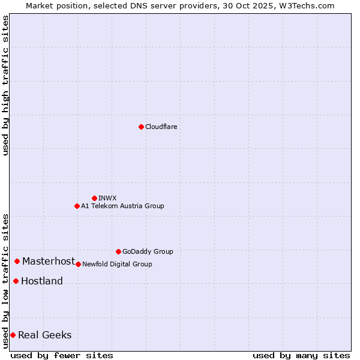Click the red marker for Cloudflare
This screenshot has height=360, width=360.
coord(141,127)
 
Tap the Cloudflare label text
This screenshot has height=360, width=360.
coord(161,127)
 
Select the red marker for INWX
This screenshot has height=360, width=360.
coord(94,198)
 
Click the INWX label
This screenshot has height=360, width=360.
coord(108,198)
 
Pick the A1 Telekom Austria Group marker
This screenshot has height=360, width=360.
coord(77,206)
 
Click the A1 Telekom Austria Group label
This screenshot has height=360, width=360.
coord(122,206)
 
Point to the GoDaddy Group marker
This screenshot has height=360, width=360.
coord(118,251)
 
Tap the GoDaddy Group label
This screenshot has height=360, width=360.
coord(148,251)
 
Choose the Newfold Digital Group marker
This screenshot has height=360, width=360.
coord(78,264)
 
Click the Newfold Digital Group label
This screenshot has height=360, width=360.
coord(117,264)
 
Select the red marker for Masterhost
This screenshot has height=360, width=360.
coord(17,261)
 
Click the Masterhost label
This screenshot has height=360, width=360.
coord(49,261)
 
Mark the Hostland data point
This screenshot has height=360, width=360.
coord(16,281)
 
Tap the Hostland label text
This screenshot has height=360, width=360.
coord(42,281)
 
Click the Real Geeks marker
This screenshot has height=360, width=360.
coord(13,335)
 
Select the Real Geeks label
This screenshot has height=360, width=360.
coord(45,335)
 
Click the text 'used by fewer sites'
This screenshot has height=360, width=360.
coord(62,355)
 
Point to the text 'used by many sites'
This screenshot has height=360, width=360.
coord(301,355)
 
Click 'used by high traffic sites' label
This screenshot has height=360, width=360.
coord(5,85)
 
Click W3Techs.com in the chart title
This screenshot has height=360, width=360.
coord(306,5)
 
